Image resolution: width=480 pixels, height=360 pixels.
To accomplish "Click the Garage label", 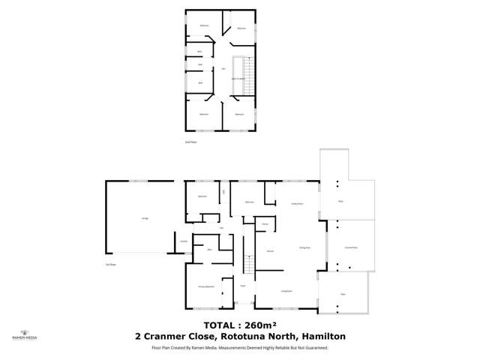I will (x=144, y=218).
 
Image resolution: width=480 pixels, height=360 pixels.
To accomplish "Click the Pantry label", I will (x=265, y=224).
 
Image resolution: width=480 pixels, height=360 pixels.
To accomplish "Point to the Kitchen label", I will (x=268, y=252).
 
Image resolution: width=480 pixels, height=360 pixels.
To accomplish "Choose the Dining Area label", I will (x=304, y=247).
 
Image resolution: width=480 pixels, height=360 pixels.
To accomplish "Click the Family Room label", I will (x=295, y=202).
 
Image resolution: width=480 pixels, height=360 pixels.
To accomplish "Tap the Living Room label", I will (x=286, y=290).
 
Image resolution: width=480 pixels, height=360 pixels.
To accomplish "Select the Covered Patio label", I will (x=350, y=247).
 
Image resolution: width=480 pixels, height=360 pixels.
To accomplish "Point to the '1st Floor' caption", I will (x=110, y=265).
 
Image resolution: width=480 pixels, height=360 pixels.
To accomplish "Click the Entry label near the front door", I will (x=243, y=286).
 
